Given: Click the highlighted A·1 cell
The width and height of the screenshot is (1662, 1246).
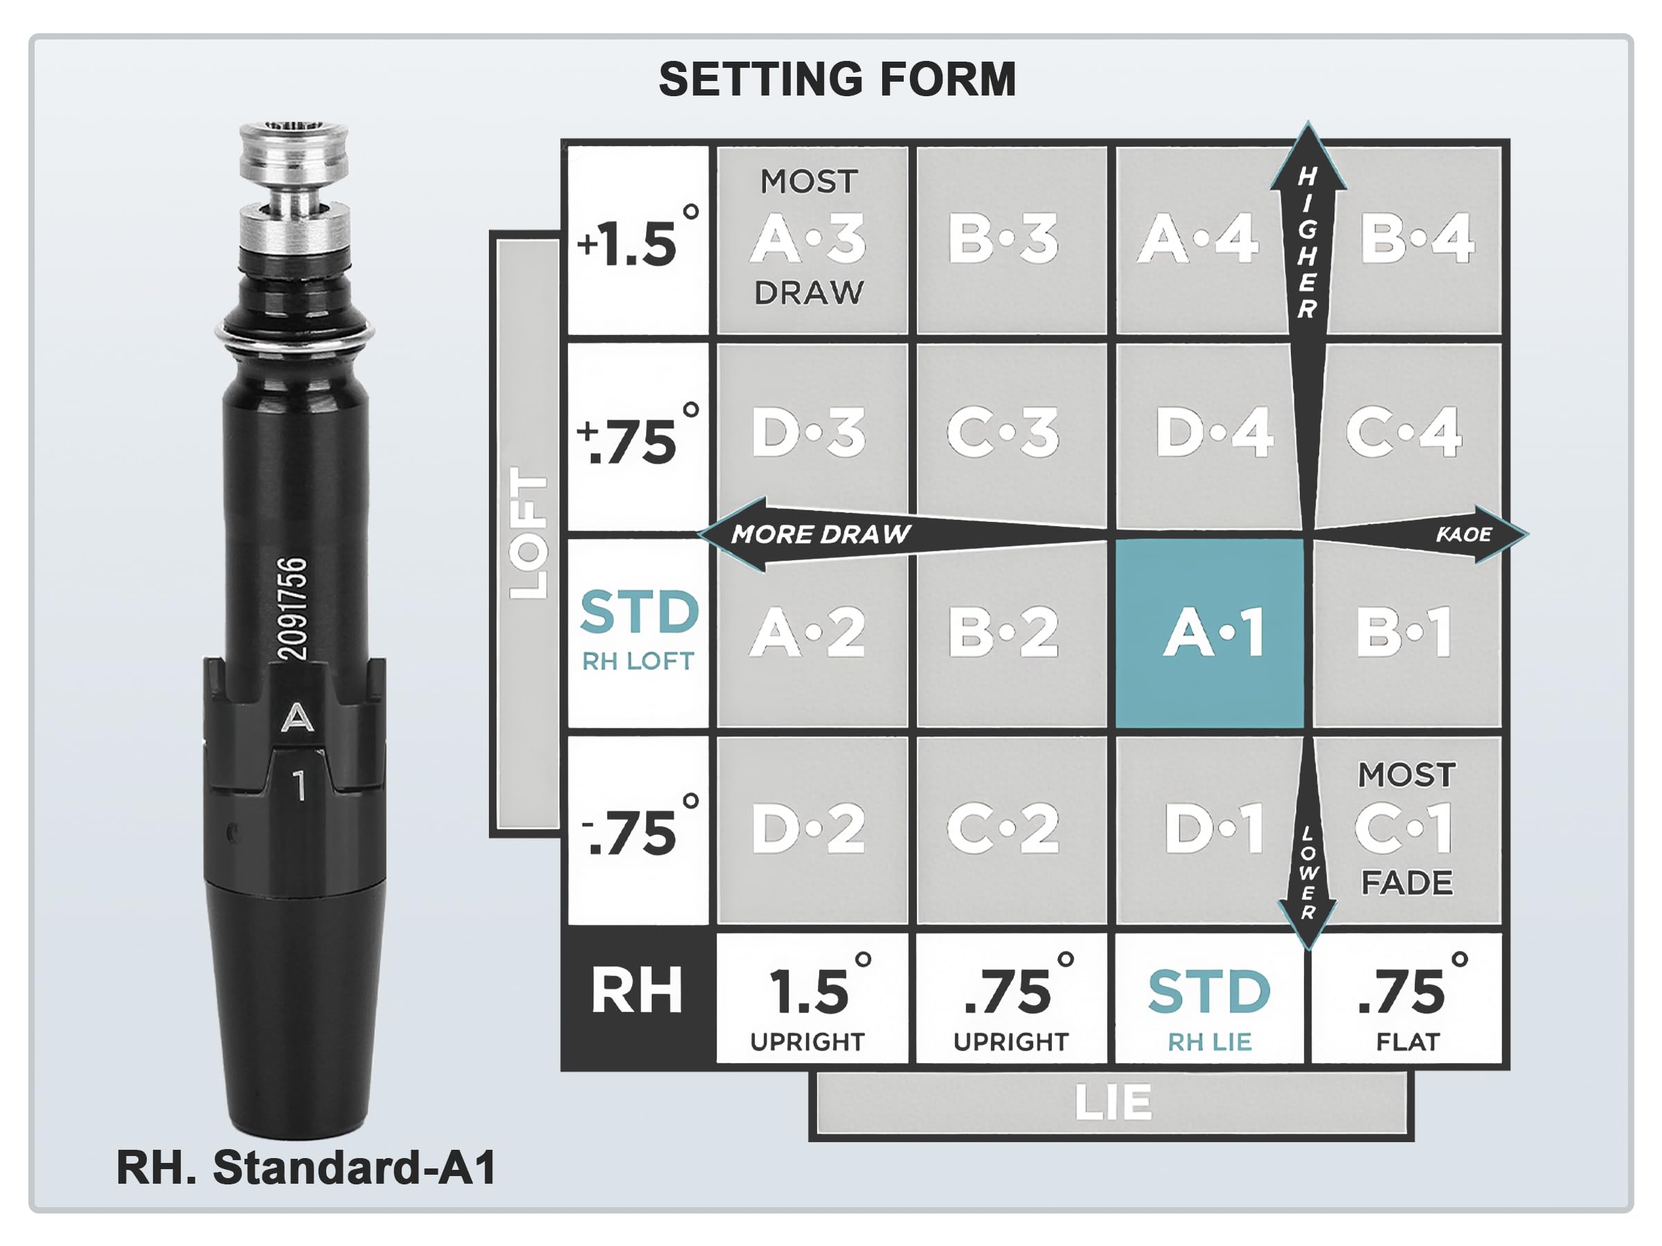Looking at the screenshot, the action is (1210, 633).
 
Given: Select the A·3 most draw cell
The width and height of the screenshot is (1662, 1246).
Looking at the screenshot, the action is (810, 239).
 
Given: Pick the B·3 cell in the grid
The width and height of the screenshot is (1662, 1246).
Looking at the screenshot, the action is (1004, 239).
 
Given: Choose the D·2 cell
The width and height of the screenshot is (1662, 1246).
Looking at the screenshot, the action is (810, 829).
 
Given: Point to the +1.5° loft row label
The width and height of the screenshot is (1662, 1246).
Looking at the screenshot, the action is (637, 240).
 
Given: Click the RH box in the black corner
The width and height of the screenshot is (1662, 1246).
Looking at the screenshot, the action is (637, 991).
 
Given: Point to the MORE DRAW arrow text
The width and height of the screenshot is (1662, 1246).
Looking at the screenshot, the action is (821, 534).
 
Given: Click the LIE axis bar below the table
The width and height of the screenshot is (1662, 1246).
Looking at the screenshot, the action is (1112, 1103).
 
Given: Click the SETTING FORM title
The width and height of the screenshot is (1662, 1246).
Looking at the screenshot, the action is (837, 80).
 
